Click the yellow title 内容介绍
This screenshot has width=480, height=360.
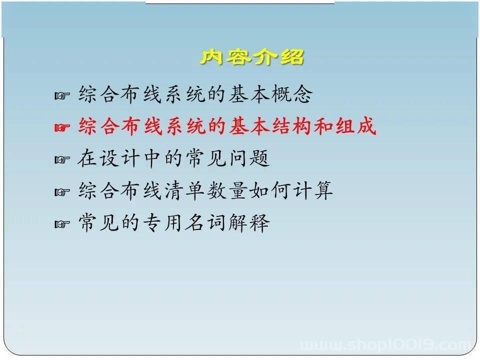coord(252,56)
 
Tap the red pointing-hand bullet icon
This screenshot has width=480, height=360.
coord(62,127)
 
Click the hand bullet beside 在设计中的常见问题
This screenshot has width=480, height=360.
coord(62,159)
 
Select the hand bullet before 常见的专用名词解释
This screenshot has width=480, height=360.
coord(62,224)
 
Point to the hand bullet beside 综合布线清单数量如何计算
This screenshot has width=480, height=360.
coord(62,192)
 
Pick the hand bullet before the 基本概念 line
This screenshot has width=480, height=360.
coord(62,96)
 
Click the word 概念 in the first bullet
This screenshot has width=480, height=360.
coord(292,93)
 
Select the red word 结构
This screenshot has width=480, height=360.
coord(292,126)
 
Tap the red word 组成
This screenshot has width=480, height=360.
coord(355,126)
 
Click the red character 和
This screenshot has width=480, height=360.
coord(324,126)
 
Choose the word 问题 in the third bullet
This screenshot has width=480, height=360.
coord(249,158)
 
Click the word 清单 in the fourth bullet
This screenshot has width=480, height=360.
coord(184,190)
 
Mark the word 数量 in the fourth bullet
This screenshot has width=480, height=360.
coord(227,190)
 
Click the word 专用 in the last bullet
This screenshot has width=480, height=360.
coord(162,222)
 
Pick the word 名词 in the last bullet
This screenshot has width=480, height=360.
coord(205,222)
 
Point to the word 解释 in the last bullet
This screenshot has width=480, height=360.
coord(249,222)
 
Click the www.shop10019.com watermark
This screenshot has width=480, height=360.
coord(386,344)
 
